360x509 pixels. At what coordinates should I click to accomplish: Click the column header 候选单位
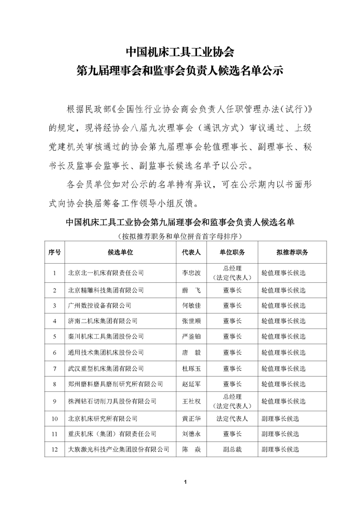pyautogui.click(x=120, y=252)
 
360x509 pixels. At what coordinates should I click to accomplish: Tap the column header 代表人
pyautogui.click(x=191, y=252)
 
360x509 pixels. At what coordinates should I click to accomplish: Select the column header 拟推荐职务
pyautogui.click(x=292, y=252)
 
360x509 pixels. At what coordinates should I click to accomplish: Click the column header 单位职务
pyautogui.click(x=232, y=252)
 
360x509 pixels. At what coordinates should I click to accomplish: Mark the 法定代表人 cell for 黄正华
pyautogui.click(x=232, y=419)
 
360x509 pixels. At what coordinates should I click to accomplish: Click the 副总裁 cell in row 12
pyautogui.click(x=232, y=449)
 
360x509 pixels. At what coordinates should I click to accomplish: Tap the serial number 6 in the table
pyautogui.click(x=55, y=353)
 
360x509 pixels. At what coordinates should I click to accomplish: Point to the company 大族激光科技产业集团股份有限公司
pyautogui.click(x=119, y=449)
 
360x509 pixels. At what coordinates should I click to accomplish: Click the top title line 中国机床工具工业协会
pyautogui.click(x=180, y=52)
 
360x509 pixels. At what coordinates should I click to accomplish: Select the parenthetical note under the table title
pyautogui.click(x=179, y=237)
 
